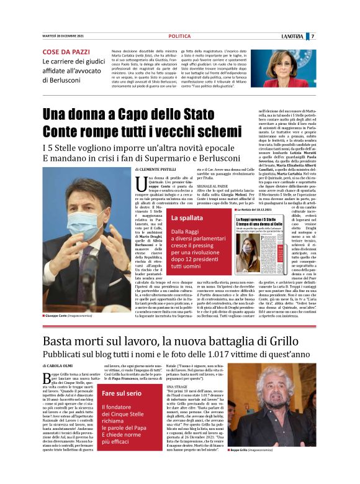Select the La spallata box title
tap(186, 218)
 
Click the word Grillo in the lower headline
tap(292, 341)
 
